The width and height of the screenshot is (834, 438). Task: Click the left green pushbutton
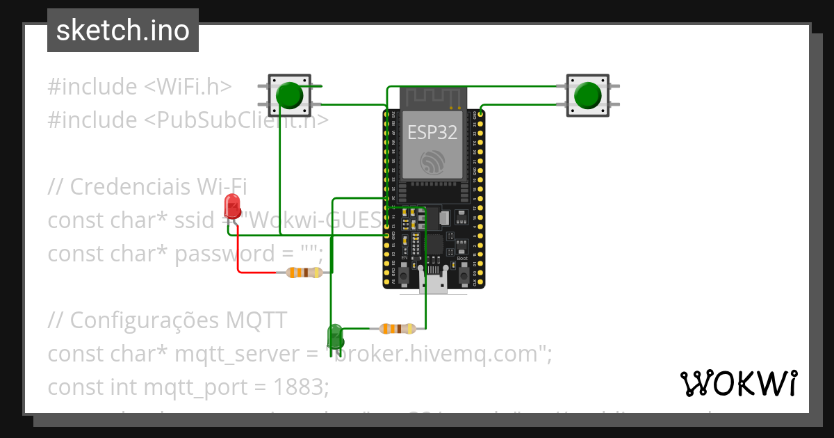click(289, 95)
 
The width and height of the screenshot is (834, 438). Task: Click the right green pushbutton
click(588, 95)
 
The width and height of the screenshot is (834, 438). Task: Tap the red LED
click(232, 206)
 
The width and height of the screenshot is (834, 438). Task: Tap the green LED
click(335, 336)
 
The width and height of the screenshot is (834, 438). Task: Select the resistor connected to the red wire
click(304, 273)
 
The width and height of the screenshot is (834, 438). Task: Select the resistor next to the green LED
click(398, 328)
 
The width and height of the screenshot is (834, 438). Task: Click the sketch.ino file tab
click(123, 31)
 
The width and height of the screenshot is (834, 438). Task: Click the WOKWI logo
click(738, 383)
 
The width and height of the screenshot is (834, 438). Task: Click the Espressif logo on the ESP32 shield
click(433, 162)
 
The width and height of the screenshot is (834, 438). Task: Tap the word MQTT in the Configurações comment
click(256, 321)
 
